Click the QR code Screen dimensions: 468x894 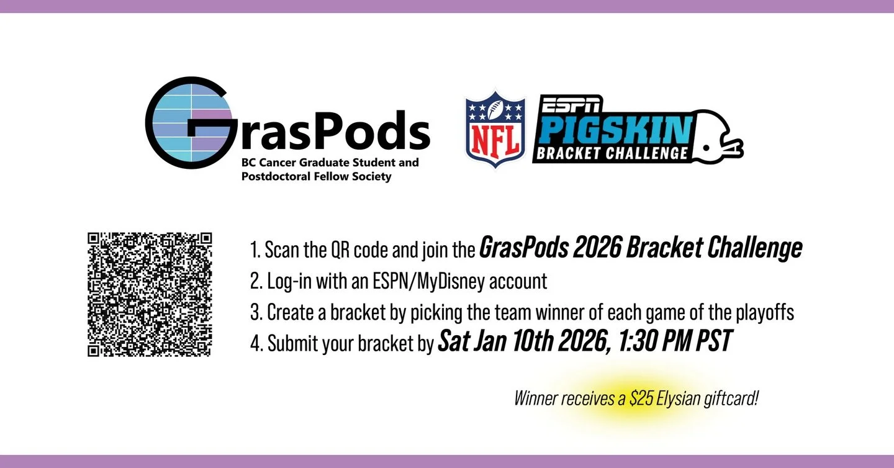[x=150, y=294]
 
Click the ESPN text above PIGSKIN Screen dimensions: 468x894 [x=571, y=104]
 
